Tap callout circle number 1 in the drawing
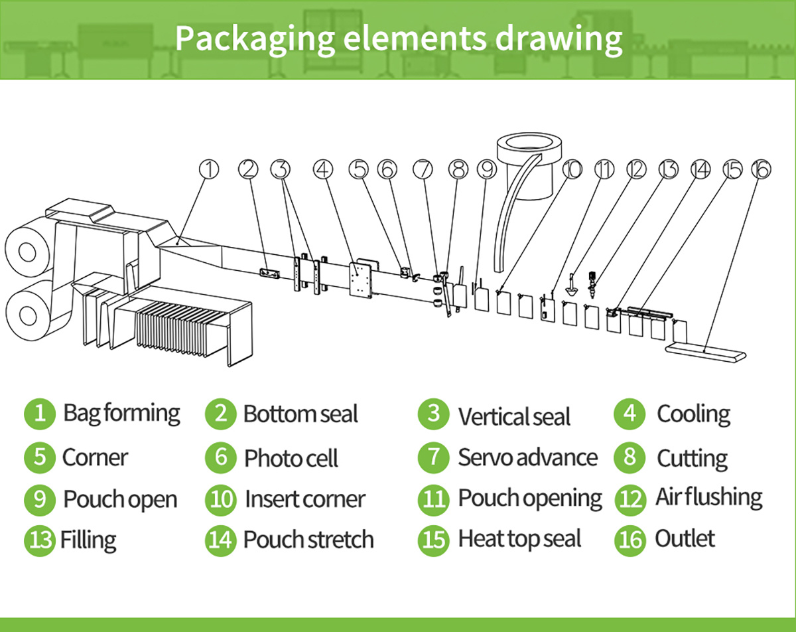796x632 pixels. pyautogui.click(x=209, y=170)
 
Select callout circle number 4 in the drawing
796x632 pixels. pyautogui.click(x=323, y=170)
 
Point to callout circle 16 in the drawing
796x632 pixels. pyautogui.click(x=761, y=170)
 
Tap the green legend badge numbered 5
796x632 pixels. pyautogui.click(x=40, y=457)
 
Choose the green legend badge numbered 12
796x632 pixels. pyautogui.click(x=630, y=499)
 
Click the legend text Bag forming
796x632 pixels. pyautogui.click(x=121, y=414)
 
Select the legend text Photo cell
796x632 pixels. pyautogui.click(x=291, y=458)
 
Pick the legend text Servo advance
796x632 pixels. pyautogui.click(x=527, y=457)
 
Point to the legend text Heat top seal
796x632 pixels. pyautogui.click(x=519, y=539)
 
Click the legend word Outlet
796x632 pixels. pyautogui.click(x=685, y=538)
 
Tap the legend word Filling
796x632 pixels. pyautogui.click(x=88, y=540)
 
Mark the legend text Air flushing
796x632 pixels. pyautogui.click(x=708, y=497)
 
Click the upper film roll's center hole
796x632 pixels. pyautogui.click(x=27, y=252)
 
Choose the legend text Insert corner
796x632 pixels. pyautogui.click(x=304, y=499)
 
